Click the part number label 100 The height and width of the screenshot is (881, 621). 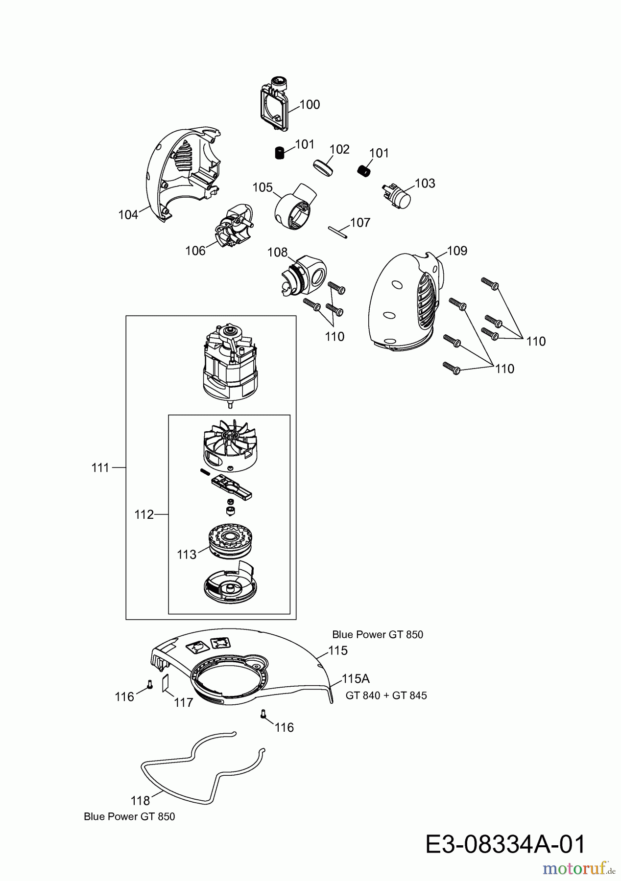(310, 104)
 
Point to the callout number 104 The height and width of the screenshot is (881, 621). (128, 215)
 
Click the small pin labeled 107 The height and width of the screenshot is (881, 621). (337, 231)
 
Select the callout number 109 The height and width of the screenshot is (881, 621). (457, 251)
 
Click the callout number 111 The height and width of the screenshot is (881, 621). (100, 468)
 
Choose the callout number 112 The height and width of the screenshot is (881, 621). (144, 514)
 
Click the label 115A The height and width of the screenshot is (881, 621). (356, 678)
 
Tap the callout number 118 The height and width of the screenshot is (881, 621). (140, 800)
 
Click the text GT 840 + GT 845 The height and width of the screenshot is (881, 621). (386, 696)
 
